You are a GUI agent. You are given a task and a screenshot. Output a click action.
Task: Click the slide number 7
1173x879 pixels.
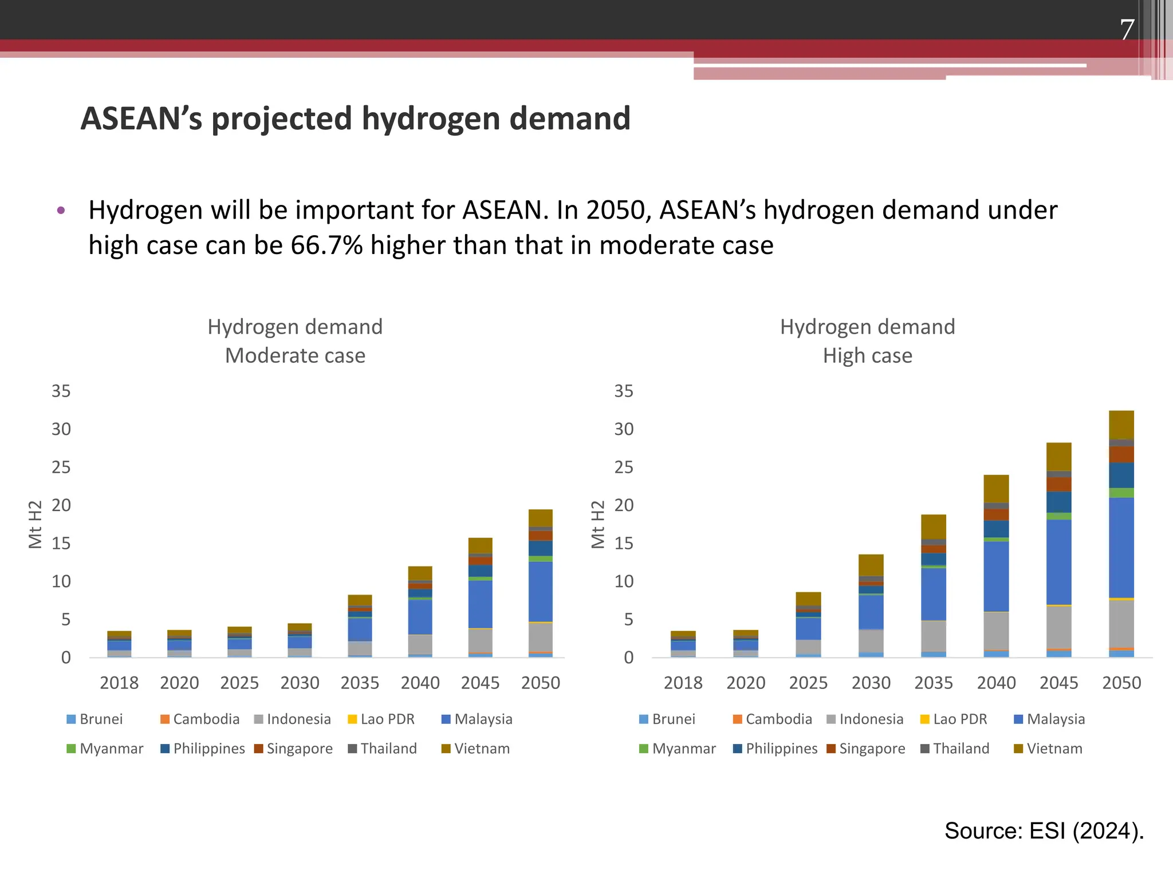click(1127, 30)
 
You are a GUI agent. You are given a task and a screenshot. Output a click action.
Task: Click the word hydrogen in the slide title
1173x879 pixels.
click(430, 118)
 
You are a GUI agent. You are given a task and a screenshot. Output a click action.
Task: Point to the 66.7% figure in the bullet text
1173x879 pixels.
click(326, 246)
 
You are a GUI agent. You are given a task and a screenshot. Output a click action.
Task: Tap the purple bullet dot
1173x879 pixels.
click(61, 211)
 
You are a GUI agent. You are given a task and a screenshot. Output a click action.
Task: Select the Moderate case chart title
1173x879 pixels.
click(295, 341)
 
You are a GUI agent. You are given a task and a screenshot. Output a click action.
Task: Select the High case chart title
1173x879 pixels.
click(867, 341)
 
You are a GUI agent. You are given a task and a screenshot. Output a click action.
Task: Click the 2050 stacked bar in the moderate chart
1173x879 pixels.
click(540, 583)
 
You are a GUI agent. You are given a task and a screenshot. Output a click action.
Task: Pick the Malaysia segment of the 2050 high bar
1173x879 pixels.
click(1121, 548)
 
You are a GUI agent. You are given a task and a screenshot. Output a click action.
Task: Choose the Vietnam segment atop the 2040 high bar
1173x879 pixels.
click(996, 489)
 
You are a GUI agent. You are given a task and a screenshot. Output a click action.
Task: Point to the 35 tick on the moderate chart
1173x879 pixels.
click(61, 391)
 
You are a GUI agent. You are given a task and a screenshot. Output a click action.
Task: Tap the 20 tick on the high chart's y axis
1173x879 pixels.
click(624, 505)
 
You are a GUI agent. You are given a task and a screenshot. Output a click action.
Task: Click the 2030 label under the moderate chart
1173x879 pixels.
click(300, 683)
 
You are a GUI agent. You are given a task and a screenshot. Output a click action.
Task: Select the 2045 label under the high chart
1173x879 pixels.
click(1058, 683)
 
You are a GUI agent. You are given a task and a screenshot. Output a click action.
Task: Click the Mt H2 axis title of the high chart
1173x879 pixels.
click(597, 524)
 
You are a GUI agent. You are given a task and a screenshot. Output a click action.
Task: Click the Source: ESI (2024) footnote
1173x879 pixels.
click(1044, 831)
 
